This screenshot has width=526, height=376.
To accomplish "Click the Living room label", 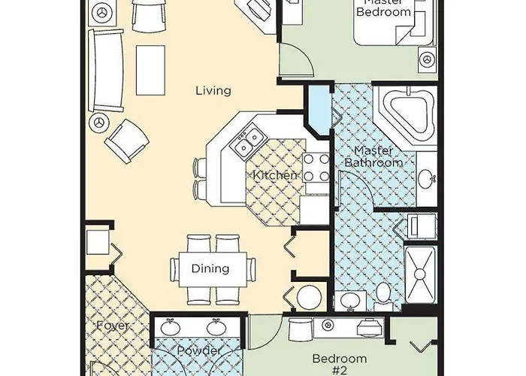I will point(213,91).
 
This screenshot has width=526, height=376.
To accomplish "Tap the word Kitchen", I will point(275,175).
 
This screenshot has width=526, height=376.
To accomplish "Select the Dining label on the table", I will point(211,268).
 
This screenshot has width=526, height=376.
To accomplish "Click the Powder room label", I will point(198,351).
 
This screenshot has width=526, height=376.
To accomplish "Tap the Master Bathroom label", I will point(373,156).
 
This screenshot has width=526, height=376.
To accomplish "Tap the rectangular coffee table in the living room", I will point(152,66).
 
